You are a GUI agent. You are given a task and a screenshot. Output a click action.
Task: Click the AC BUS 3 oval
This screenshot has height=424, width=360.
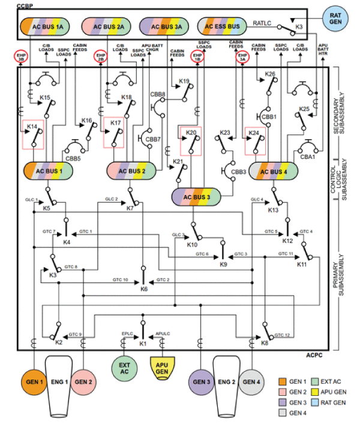click(x=197, y=197)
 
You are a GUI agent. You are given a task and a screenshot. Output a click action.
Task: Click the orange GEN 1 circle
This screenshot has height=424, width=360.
click(x=35, y=382)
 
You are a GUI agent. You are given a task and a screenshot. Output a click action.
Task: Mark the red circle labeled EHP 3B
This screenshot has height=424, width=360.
click(x=21, y=56)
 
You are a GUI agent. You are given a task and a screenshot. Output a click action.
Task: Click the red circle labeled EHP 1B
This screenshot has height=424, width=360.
click(x=197, y=56)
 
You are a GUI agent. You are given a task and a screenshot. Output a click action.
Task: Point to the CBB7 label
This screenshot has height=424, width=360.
click(x=154, y=139)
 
